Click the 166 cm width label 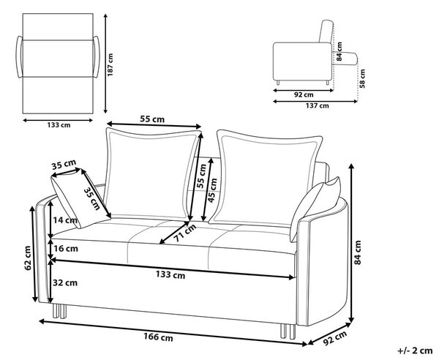click(158, 337)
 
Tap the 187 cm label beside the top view click(110, 64)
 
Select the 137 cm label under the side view click(318, 106)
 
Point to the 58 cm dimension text click(363, 78)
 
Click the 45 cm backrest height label click(213, 190)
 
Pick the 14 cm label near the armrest click(65, 220)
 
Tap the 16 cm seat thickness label click(66, 248)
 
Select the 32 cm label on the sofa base click(65, 282)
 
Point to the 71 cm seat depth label click(184, 233)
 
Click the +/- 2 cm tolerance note click(415, 350)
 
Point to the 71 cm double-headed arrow click(174, 233)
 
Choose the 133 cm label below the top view click(59, 125)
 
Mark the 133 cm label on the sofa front click(170, 274)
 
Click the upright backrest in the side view click(326, 31)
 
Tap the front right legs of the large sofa click(288, 331)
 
